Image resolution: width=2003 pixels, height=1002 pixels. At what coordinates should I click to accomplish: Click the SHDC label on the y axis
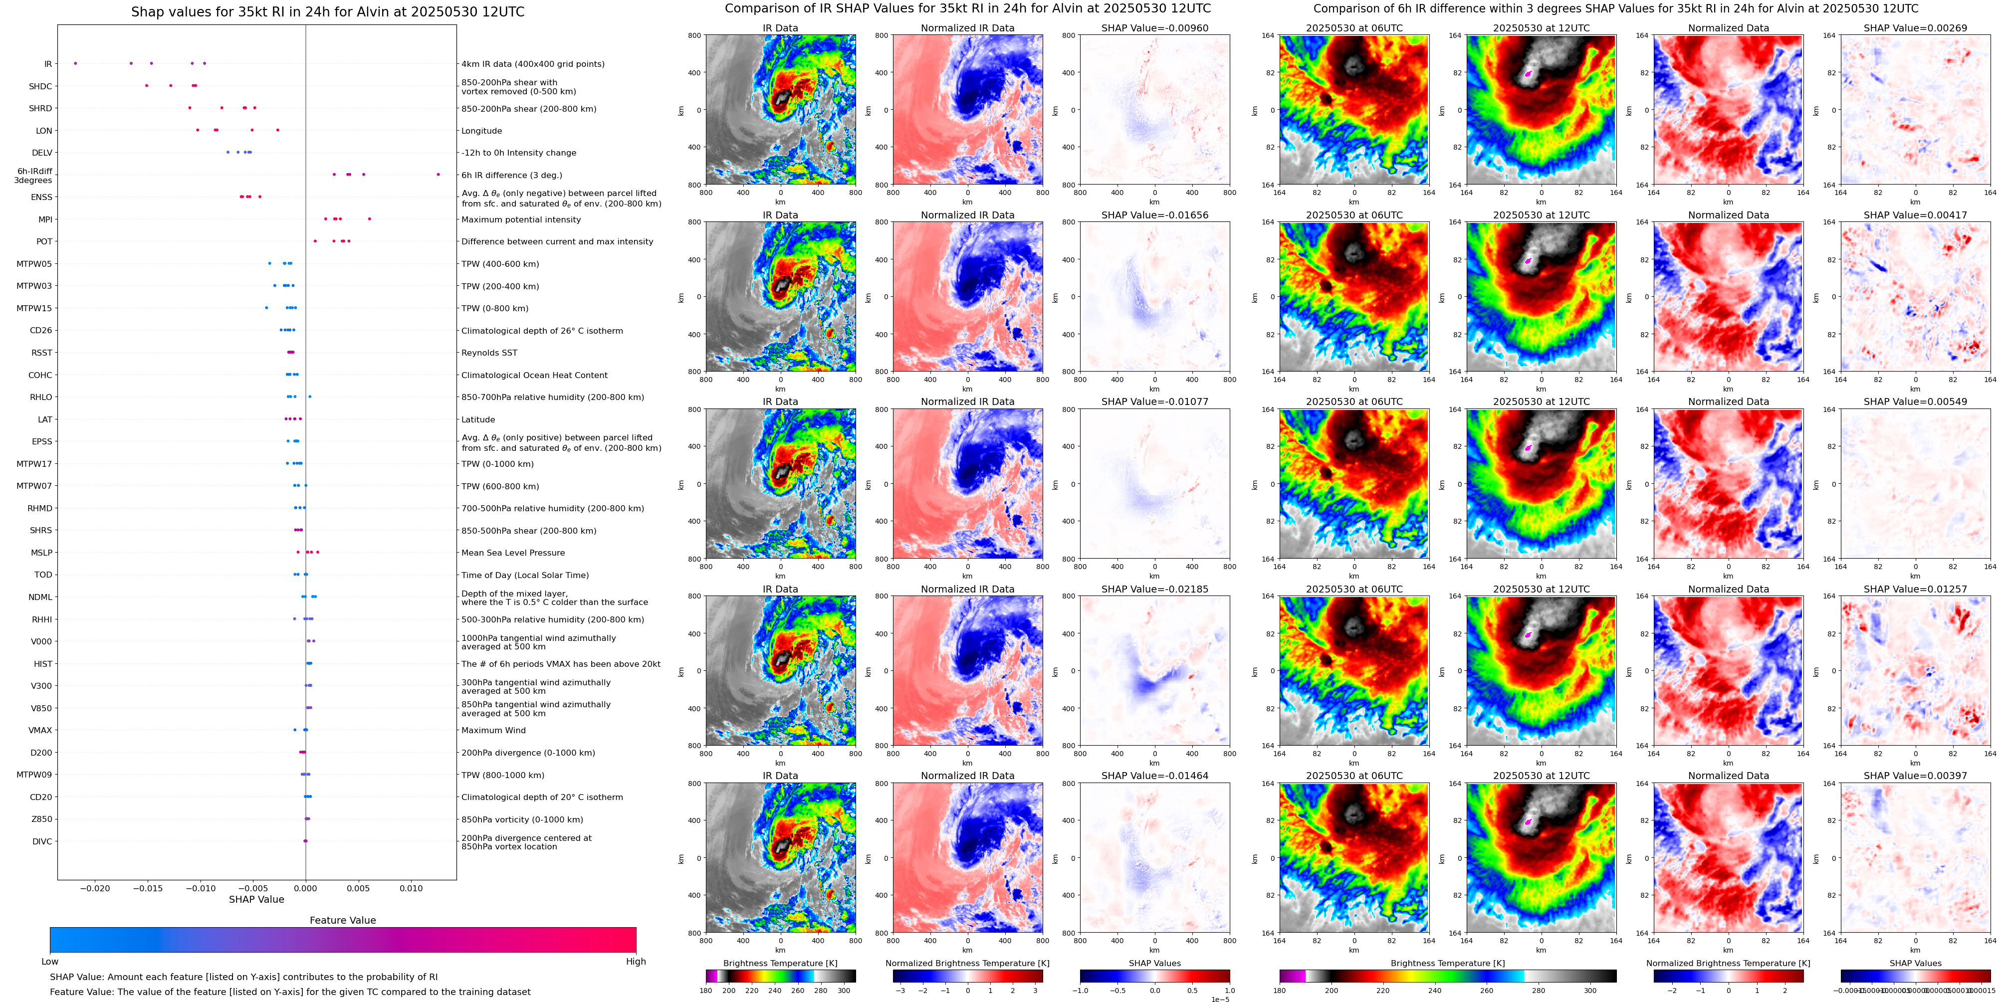(x=40, y=86)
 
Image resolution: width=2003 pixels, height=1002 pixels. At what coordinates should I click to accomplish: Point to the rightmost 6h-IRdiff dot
(x=438, y=174)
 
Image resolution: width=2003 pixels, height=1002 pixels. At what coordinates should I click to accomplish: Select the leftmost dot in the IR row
(x=75, y=63)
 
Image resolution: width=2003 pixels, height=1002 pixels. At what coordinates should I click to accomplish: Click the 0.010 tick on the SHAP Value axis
(x=412, y=888)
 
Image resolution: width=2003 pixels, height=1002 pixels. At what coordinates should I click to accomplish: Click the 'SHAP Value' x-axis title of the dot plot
(x=256, y=899)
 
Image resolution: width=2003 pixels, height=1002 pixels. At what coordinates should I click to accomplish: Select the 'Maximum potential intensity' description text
(x=521, y=219)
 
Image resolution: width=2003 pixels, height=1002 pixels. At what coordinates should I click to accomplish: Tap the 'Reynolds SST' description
(x=489, y=353)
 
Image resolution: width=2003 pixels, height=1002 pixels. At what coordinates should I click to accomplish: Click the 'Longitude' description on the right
(x=481, y=131)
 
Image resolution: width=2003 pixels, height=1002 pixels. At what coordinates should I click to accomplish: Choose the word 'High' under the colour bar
(x=635, y=962)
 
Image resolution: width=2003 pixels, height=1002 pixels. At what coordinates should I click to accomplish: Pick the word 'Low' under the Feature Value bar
(x=50, y=962)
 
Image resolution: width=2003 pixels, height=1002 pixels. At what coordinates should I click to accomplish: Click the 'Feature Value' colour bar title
(x=342, y=920)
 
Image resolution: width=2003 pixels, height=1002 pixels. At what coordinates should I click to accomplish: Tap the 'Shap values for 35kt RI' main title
(x=327, y=11)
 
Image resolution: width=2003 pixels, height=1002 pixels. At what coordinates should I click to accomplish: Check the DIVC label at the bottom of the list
(x=42, y=841)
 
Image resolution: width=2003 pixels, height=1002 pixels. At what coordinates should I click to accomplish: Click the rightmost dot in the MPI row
(x=369, y=218)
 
